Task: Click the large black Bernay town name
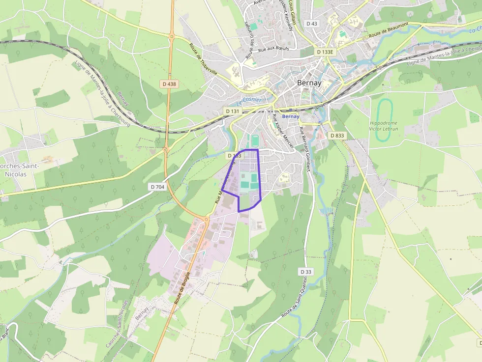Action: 309,83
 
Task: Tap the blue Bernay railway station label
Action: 291,116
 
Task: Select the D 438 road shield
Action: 169,84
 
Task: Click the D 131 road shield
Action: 232,111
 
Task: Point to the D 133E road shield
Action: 325,52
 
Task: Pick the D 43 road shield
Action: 312,24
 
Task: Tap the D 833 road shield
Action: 337,135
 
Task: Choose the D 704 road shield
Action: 157,187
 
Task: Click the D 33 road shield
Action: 306,272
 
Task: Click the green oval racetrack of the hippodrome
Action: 384,113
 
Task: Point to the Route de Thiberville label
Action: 203,59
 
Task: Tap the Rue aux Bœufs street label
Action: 273,49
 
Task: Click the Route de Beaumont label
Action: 389,31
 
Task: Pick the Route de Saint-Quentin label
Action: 295,303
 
